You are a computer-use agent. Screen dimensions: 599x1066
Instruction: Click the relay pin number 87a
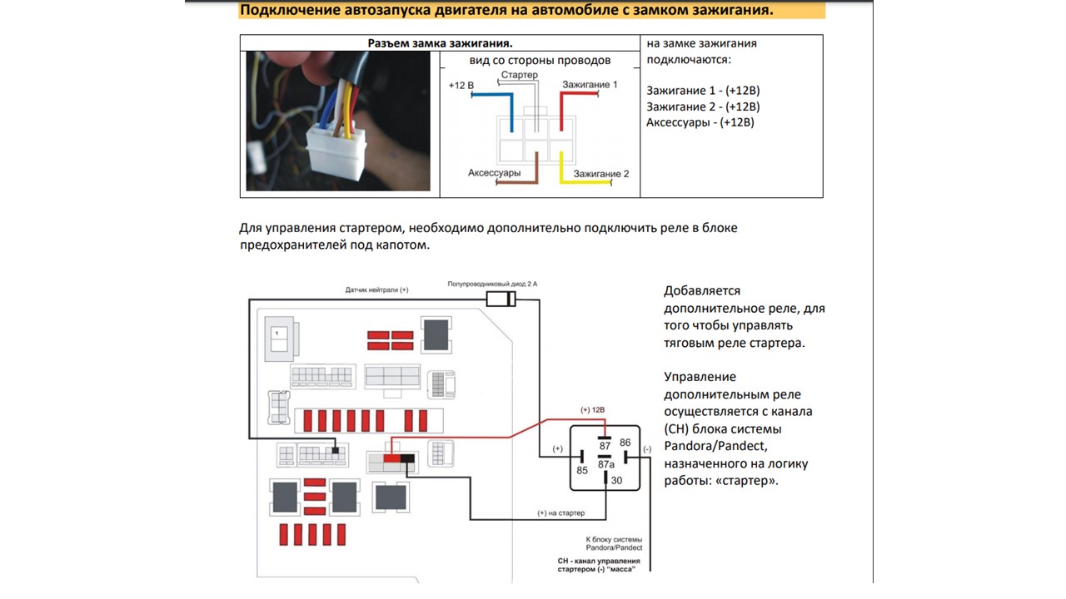tap(605, 464)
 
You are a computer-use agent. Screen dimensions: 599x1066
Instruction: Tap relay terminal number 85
tap(582, 470)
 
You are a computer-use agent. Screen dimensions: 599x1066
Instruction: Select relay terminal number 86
tap(625, 443)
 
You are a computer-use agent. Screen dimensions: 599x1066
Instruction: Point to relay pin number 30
tap(616, 480)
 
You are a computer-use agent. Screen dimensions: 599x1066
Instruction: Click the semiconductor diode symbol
tap(501, 299)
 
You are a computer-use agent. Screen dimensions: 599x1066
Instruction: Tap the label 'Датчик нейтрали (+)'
tap(377, 290)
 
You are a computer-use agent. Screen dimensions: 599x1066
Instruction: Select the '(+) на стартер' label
tap(561, 512)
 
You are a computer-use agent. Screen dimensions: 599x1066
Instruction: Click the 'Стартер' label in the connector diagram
tap(519, 75)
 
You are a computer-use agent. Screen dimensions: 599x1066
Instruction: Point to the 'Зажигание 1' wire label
tap(590, 85)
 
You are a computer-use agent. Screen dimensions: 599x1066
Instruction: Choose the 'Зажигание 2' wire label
tap(601, 174)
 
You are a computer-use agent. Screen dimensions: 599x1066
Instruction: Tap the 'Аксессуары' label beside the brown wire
tap(495, 173)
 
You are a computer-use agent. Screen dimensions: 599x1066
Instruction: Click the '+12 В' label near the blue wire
tap(461, 86)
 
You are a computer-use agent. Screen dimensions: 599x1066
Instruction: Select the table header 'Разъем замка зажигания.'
tap(440, 43)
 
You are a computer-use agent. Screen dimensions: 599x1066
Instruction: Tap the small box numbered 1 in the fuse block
tap(276, 334)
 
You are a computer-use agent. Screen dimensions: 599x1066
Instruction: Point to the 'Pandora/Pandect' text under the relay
tap(614, 547)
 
